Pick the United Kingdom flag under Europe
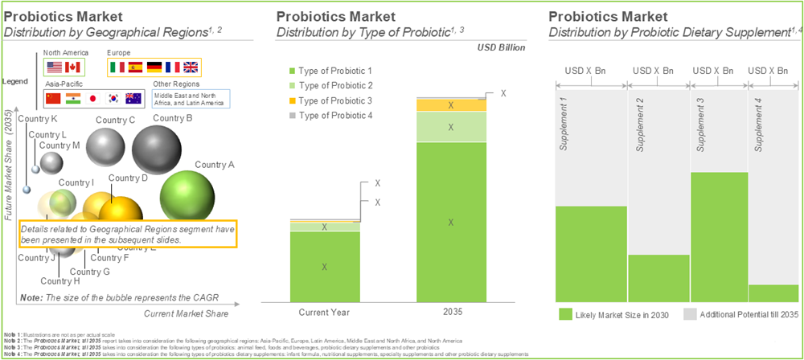click(x=191, y=67)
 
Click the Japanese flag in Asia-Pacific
click(x=93, y=99)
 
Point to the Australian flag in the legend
click(x=133, y=99)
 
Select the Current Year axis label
click(x=325, y=311)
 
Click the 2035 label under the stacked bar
click(x=451, y=311)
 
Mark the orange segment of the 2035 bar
click(x=451, y=105)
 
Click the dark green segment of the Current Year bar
click(x=325, y=266)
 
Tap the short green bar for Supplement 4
click(x=774, y=292)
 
